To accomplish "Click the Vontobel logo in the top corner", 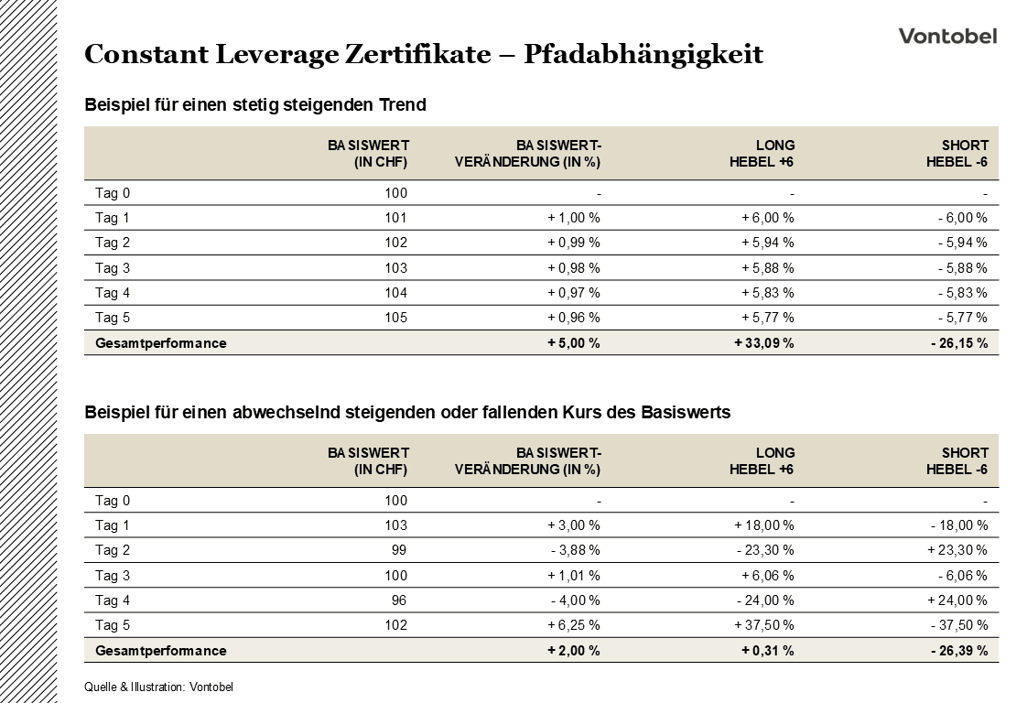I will (947, 36).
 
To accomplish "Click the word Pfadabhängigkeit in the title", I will (643, 55).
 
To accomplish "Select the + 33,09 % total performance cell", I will (764, 343).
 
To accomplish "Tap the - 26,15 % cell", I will (958, 343).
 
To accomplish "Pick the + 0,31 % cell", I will (768, 651).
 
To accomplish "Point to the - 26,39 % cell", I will (958, 651).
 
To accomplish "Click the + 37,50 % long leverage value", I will (764, 625).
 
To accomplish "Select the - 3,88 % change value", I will (575, 550).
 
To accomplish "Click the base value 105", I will (396, 318).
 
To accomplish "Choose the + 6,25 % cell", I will (574, 625).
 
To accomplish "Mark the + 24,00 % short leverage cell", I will (957, 600).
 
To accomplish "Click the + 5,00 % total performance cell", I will (574, 343).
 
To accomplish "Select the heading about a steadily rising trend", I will (255, 105).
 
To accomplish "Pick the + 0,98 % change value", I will (574, 268).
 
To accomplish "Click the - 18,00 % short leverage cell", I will (958, 525).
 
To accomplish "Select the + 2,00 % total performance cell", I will (574, 651).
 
